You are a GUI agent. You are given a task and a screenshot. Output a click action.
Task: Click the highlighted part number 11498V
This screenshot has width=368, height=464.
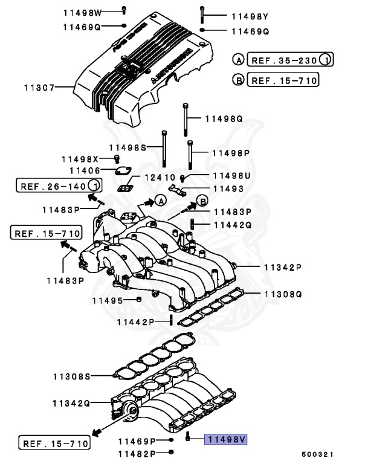point(227,440)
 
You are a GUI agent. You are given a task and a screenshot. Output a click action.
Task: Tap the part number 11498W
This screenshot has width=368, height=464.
point(83,12)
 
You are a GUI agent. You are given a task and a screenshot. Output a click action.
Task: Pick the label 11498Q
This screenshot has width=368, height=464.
point(223,119)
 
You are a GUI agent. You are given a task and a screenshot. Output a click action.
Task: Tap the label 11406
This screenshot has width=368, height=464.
point(84,170)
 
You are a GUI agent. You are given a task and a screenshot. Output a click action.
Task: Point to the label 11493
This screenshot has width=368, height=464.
point(227,188)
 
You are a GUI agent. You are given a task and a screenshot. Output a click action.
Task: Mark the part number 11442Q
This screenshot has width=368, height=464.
point(230,225)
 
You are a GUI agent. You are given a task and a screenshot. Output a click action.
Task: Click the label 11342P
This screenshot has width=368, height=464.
point(282,266)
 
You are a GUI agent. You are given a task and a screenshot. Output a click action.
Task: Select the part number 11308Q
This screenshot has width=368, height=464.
point(282,294)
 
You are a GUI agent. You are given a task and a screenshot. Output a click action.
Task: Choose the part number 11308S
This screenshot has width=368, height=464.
point(71,376)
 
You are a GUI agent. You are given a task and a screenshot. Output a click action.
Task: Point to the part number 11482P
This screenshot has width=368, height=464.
point(136,453)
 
